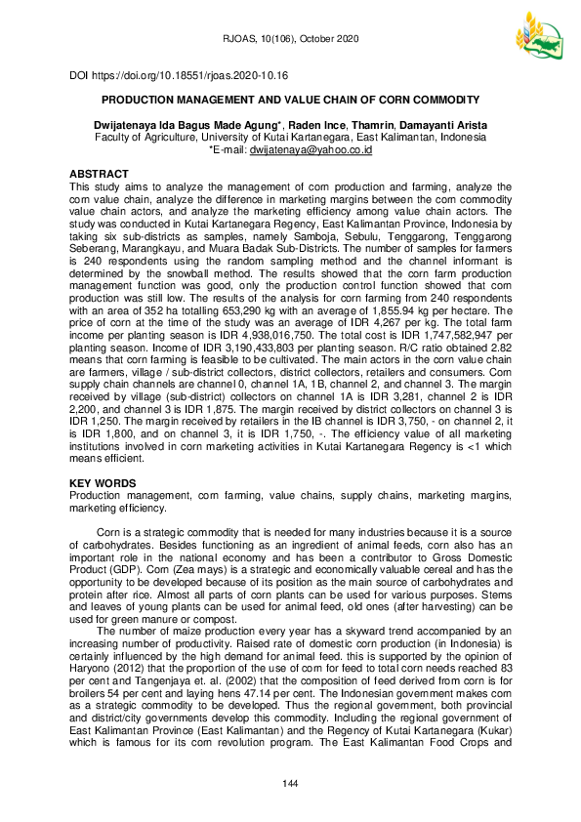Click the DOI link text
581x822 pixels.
point(178,75)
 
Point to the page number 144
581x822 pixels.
point(290,785)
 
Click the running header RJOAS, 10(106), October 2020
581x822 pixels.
point(290,39)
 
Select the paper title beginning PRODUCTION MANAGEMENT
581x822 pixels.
point(290,100)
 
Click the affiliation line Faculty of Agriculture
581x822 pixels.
point(290,138)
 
